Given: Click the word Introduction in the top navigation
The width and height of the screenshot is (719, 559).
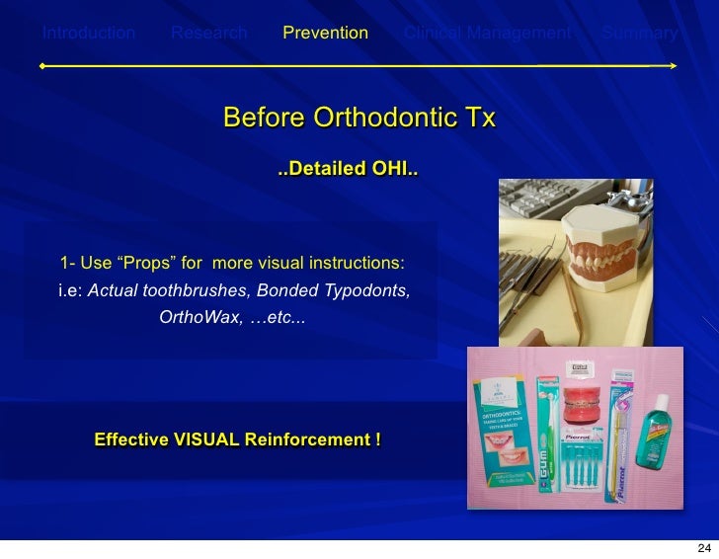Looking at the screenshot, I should [x=88, y=34].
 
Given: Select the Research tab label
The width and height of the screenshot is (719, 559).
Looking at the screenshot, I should [x=208, y=34].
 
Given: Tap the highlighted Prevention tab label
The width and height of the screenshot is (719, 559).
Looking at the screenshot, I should [x=325, y=34].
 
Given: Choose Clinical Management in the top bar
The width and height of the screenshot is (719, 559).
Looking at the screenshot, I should [x=487, y=34].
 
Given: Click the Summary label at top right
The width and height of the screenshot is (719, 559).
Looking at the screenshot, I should [x=640, y=34].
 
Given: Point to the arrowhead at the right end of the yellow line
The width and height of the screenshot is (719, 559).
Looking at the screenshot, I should [x=672, y=66].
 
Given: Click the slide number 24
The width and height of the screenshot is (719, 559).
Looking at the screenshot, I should [x=703, y=548].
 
